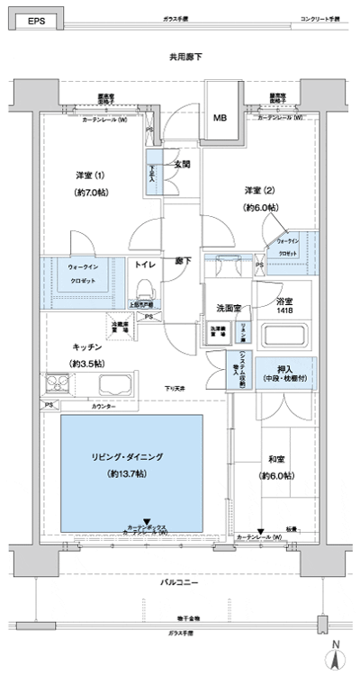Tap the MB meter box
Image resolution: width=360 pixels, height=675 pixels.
(220, 118)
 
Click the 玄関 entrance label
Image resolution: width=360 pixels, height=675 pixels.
(182, 163)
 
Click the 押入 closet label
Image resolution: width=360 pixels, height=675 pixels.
(282, 370)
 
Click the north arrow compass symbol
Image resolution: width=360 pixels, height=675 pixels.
(334, 654)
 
